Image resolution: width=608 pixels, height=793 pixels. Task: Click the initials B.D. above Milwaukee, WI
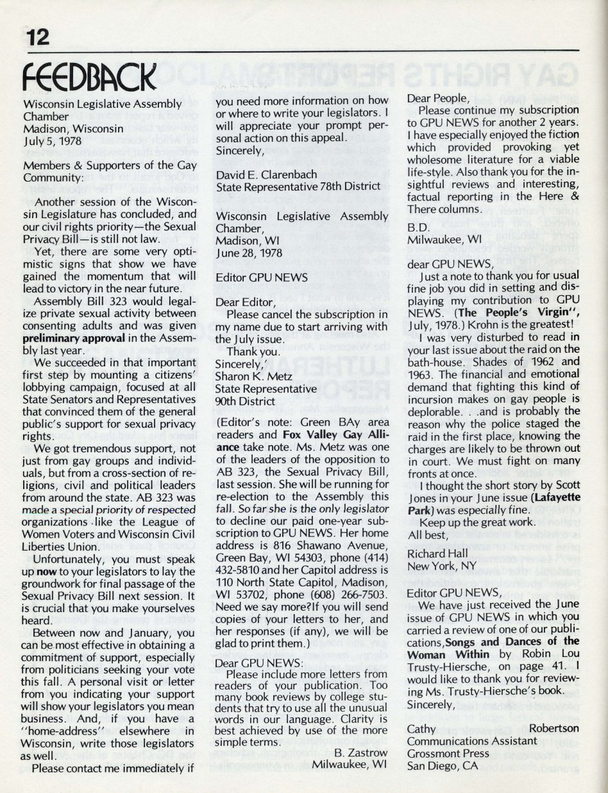(x=418, y=226)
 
